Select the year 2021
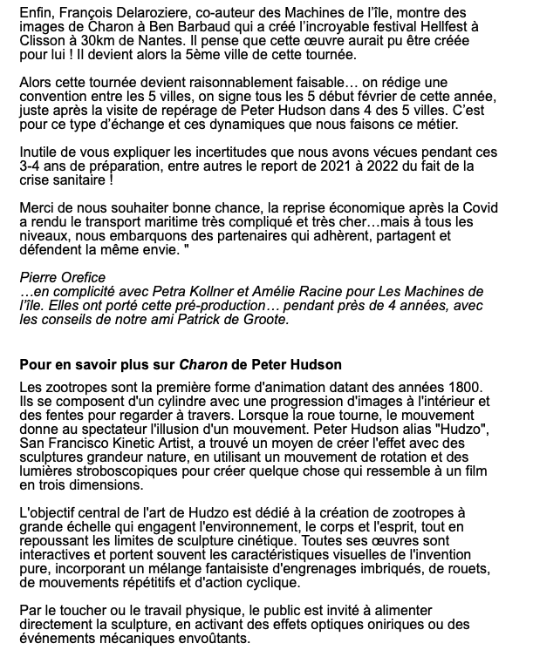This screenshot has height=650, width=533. pos(352,166)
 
